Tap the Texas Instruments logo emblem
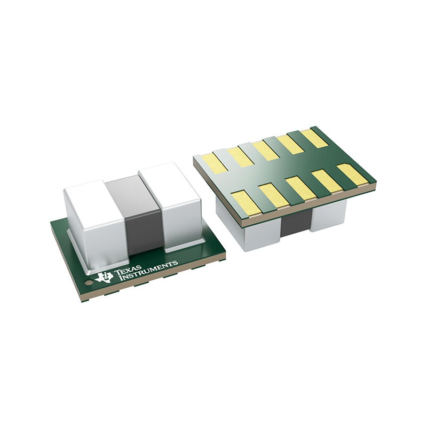(104, 276)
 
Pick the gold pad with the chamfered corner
(353, 174)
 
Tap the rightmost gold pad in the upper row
(314, 138)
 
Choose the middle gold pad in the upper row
(265, 150)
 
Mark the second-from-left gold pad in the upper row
(240, 156)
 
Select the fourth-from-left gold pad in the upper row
(290, 144)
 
